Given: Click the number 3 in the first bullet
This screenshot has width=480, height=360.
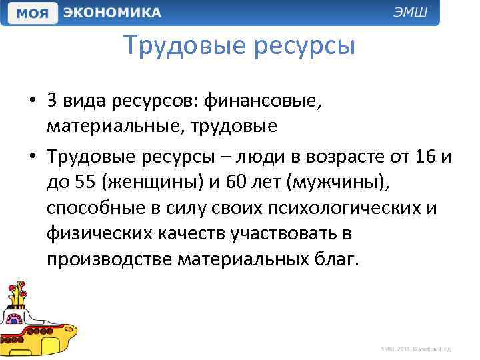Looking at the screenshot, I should click(51, 101).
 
